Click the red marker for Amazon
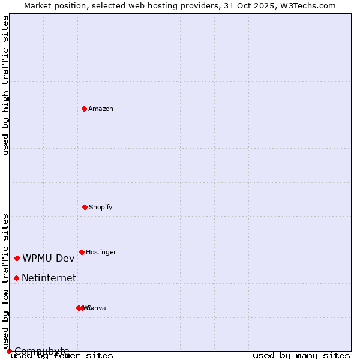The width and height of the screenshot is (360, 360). point(84,109)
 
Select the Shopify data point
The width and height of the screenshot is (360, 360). point(85,207)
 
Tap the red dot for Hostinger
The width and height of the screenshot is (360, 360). point(82,252)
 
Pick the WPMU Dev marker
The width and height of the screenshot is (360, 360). point(17,258)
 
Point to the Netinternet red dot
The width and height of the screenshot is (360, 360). point(16,278)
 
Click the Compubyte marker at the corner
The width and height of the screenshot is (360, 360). point(9,351)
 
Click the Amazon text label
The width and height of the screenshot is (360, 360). point(101,109)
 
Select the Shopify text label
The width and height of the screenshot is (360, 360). point(101,207)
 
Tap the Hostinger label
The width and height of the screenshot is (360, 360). point(101,252)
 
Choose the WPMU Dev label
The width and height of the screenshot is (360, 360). point(49,258)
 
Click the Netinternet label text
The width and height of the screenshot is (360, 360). point(49,278)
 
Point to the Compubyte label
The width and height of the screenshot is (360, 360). point(41,350)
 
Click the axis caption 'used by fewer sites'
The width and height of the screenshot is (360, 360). point(62,355)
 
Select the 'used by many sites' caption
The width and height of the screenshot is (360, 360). point(301,355)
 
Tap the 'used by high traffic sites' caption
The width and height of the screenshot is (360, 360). point(5,86)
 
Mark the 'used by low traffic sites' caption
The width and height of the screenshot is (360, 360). point(5,281)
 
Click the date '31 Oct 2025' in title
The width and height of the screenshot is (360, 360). point(255,5)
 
